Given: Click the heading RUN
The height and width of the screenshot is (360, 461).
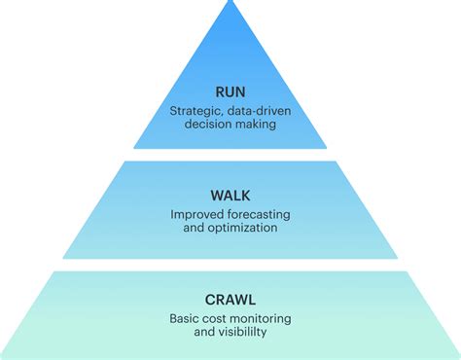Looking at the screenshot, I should [x=230, y=92].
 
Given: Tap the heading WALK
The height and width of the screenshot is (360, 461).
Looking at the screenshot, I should [x=230, y=195].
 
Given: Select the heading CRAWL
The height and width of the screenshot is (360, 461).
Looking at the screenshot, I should [x=230, y=299].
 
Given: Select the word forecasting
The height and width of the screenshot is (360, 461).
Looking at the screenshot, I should [x=259, y=213].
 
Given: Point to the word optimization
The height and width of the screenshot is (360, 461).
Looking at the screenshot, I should [x=243, y=227].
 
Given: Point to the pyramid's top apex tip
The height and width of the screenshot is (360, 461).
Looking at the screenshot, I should [x=230, y=3].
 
